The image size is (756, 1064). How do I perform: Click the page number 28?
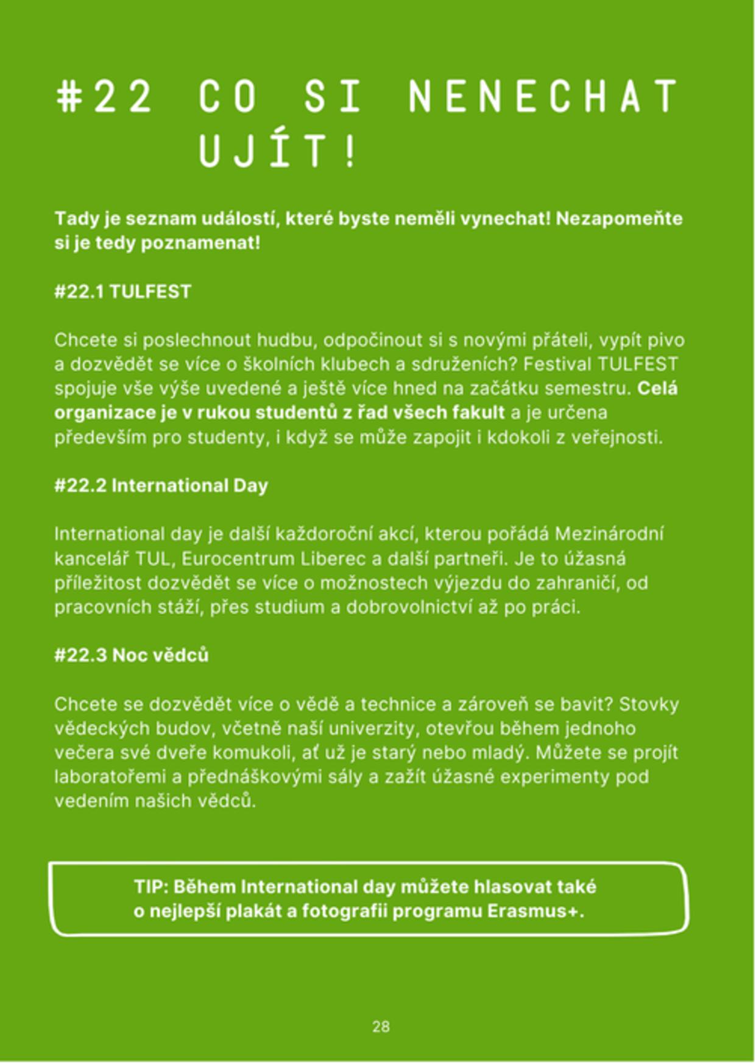click(x=381, y=1026)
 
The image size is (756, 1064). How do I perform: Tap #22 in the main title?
click(x=104, y=96)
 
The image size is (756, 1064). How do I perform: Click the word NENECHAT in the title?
click(x=543, y=96)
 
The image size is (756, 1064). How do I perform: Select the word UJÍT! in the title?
click(x=277, y=150)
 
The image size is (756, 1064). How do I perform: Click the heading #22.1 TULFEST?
click(x=122, y=292)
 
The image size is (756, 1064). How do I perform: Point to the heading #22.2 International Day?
click(x=161, y=485)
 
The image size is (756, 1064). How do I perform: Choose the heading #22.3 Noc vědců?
click(x=131, y=655)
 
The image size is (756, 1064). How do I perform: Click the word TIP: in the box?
click(x=151, y=887)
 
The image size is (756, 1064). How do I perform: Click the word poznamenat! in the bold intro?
click(x=200, y=243)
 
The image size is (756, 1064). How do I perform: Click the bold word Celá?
click(x=657, y=389)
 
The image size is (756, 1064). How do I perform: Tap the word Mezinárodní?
click(x=609, y=534)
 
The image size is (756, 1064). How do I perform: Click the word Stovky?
click(x=649, y=704)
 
